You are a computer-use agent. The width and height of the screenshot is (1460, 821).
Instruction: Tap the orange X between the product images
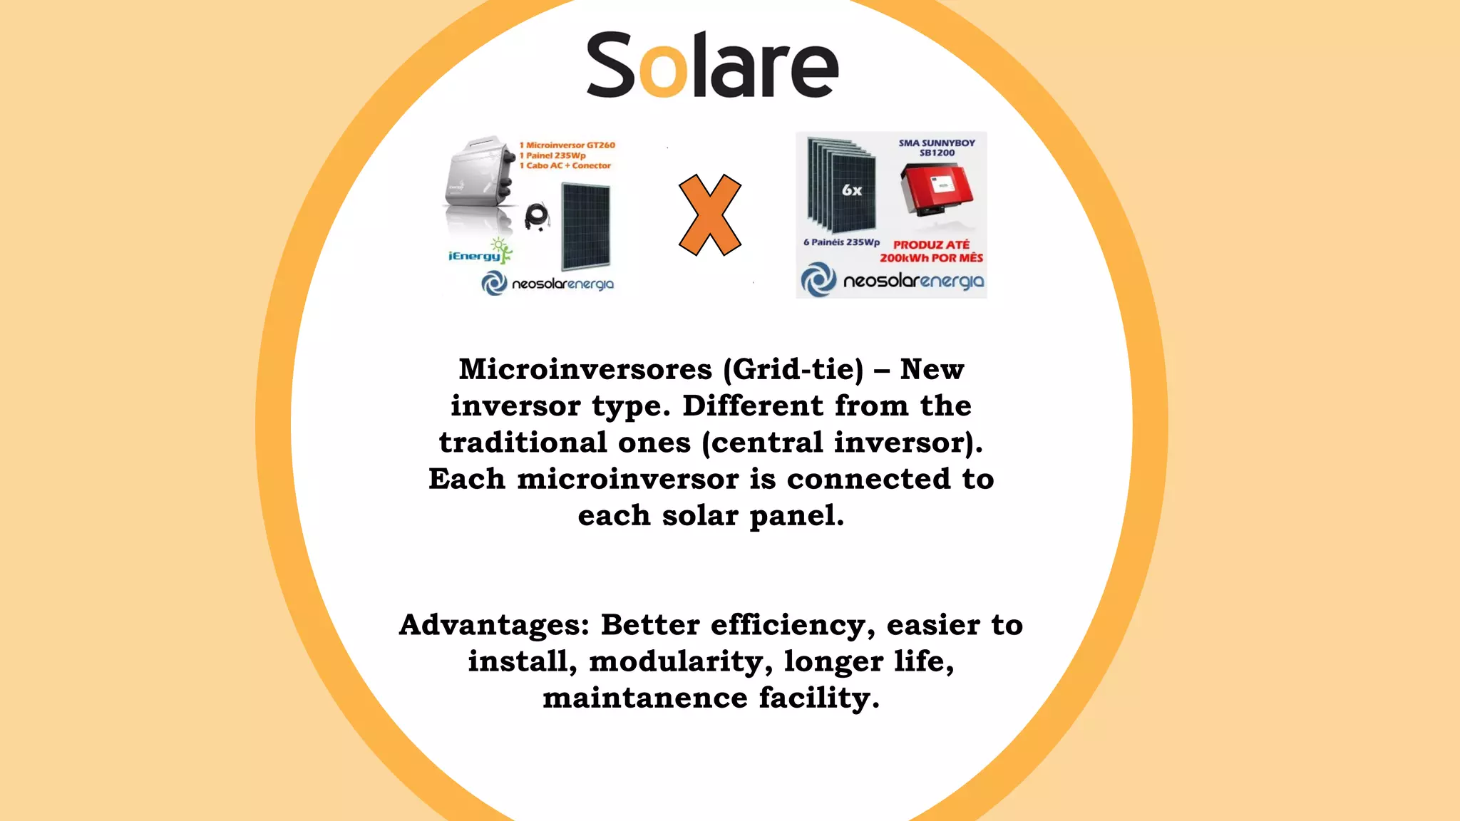pos(709,215)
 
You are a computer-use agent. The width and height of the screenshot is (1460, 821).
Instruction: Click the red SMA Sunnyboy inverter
pos(936,188)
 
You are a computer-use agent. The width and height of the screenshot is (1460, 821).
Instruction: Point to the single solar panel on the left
pos(586,226)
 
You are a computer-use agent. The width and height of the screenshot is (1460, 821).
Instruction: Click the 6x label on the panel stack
pos(852,190)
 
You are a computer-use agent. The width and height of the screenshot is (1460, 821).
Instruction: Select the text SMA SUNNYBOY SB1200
pos(937,148)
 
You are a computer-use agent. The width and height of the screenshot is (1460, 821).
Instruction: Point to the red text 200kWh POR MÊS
pos(931,258)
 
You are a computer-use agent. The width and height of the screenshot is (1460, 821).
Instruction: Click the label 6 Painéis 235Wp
pos(841,242)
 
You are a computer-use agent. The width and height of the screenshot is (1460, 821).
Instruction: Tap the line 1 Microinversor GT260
pos(567,145)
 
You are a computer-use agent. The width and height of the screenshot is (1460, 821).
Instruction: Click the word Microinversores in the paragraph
pos(585,369)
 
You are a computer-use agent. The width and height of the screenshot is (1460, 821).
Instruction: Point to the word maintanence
pos(644,698)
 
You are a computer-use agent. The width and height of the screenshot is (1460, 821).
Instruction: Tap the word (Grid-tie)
pos(793,369)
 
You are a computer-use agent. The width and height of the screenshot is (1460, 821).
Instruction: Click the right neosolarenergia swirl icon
pos(818,279)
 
